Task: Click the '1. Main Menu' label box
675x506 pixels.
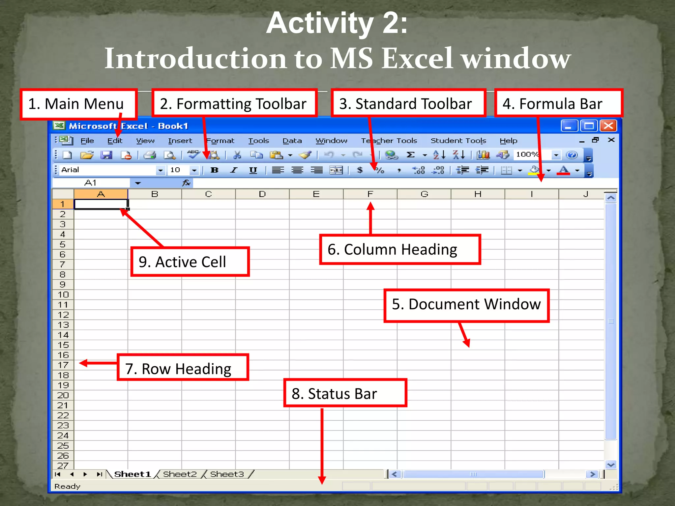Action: (x=78, y=104)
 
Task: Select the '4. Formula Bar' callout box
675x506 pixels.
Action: (x=558, y=104)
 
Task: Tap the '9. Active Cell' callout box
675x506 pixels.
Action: (x=190, y=262)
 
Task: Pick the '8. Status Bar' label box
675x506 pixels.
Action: (x=345, y=394)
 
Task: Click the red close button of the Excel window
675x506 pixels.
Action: (x=608, y=126)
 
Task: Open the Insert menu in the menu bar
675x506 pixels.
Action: (x=180, y=141)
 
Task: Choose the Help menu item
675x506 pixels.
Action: (x=508, y=141)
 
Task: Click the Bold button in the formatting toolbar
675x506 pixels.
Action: (x=215, y=170)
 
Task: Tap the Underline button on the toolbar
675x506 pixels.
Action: (x=253, y=170)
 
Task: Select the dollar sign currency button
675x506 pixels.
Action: (x=360, y=170)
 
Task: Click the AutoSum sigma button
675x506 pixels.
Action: (x=410, y=155)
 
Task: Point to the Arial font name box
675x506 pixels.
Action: (x=107, y=170)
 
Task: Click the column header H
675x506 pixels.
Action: (x=478, y=194)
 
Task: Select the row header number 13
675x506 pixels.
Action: (x=63, y=325)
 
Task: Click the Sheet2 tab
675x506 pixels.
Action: (x=180, y=474)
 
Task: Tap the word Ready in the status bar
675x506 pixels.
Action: (x=67, y=487)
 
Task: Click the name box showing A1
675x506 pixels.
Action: (x=91, y=183)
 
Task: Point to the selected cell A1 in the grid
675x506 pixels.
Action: (x=101, y=204)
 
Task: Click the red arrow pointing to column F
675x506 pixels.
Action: (x=370, y=217)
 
